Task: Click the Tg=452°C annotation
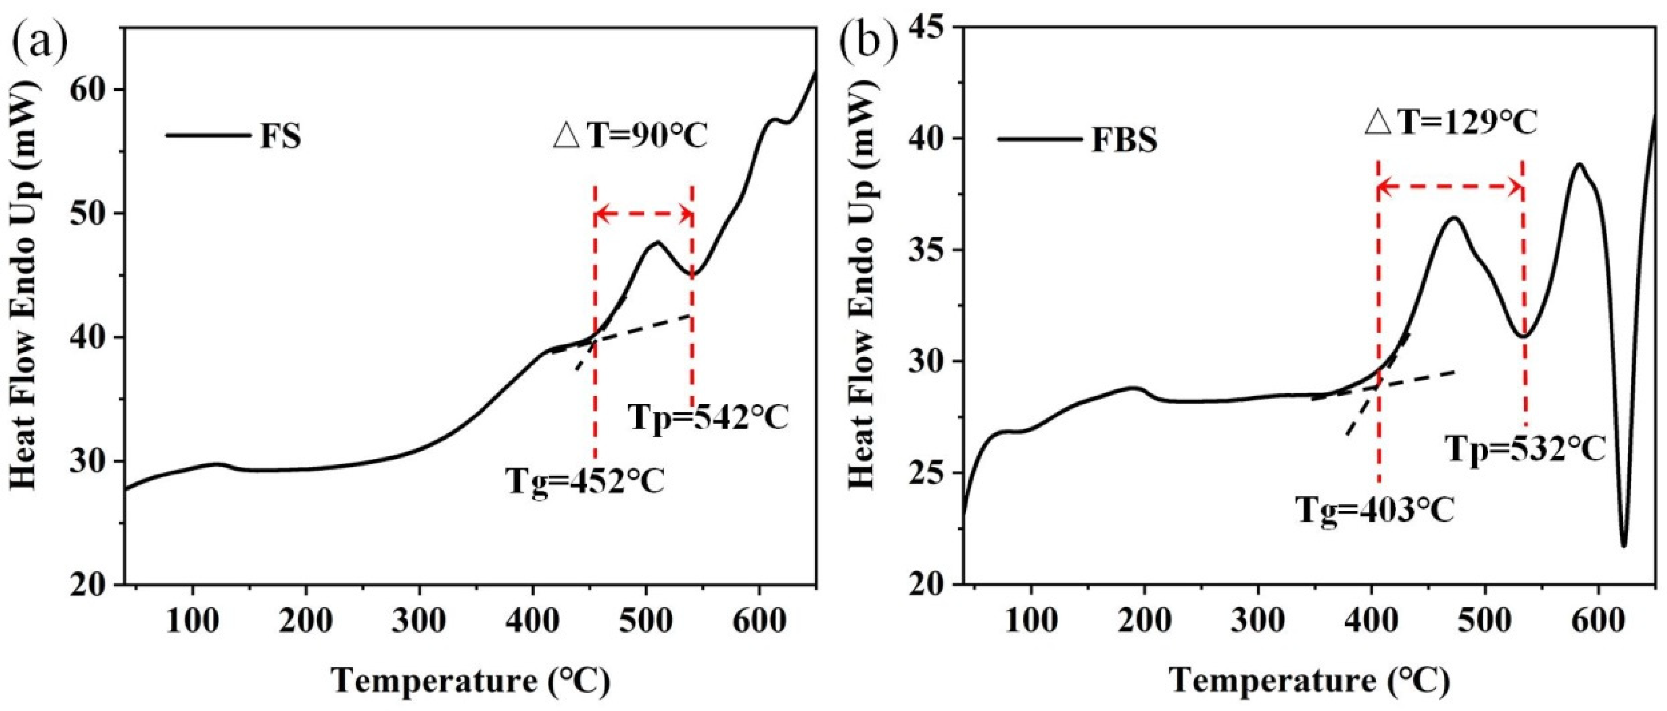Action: click(x=585, y=482)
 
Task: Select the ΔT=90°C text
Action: click(x=631, y=137)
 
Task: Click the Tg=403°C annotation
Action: click(x=1375, y=510)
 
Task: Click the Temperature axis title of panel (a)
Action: click(x=471, y=681)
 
